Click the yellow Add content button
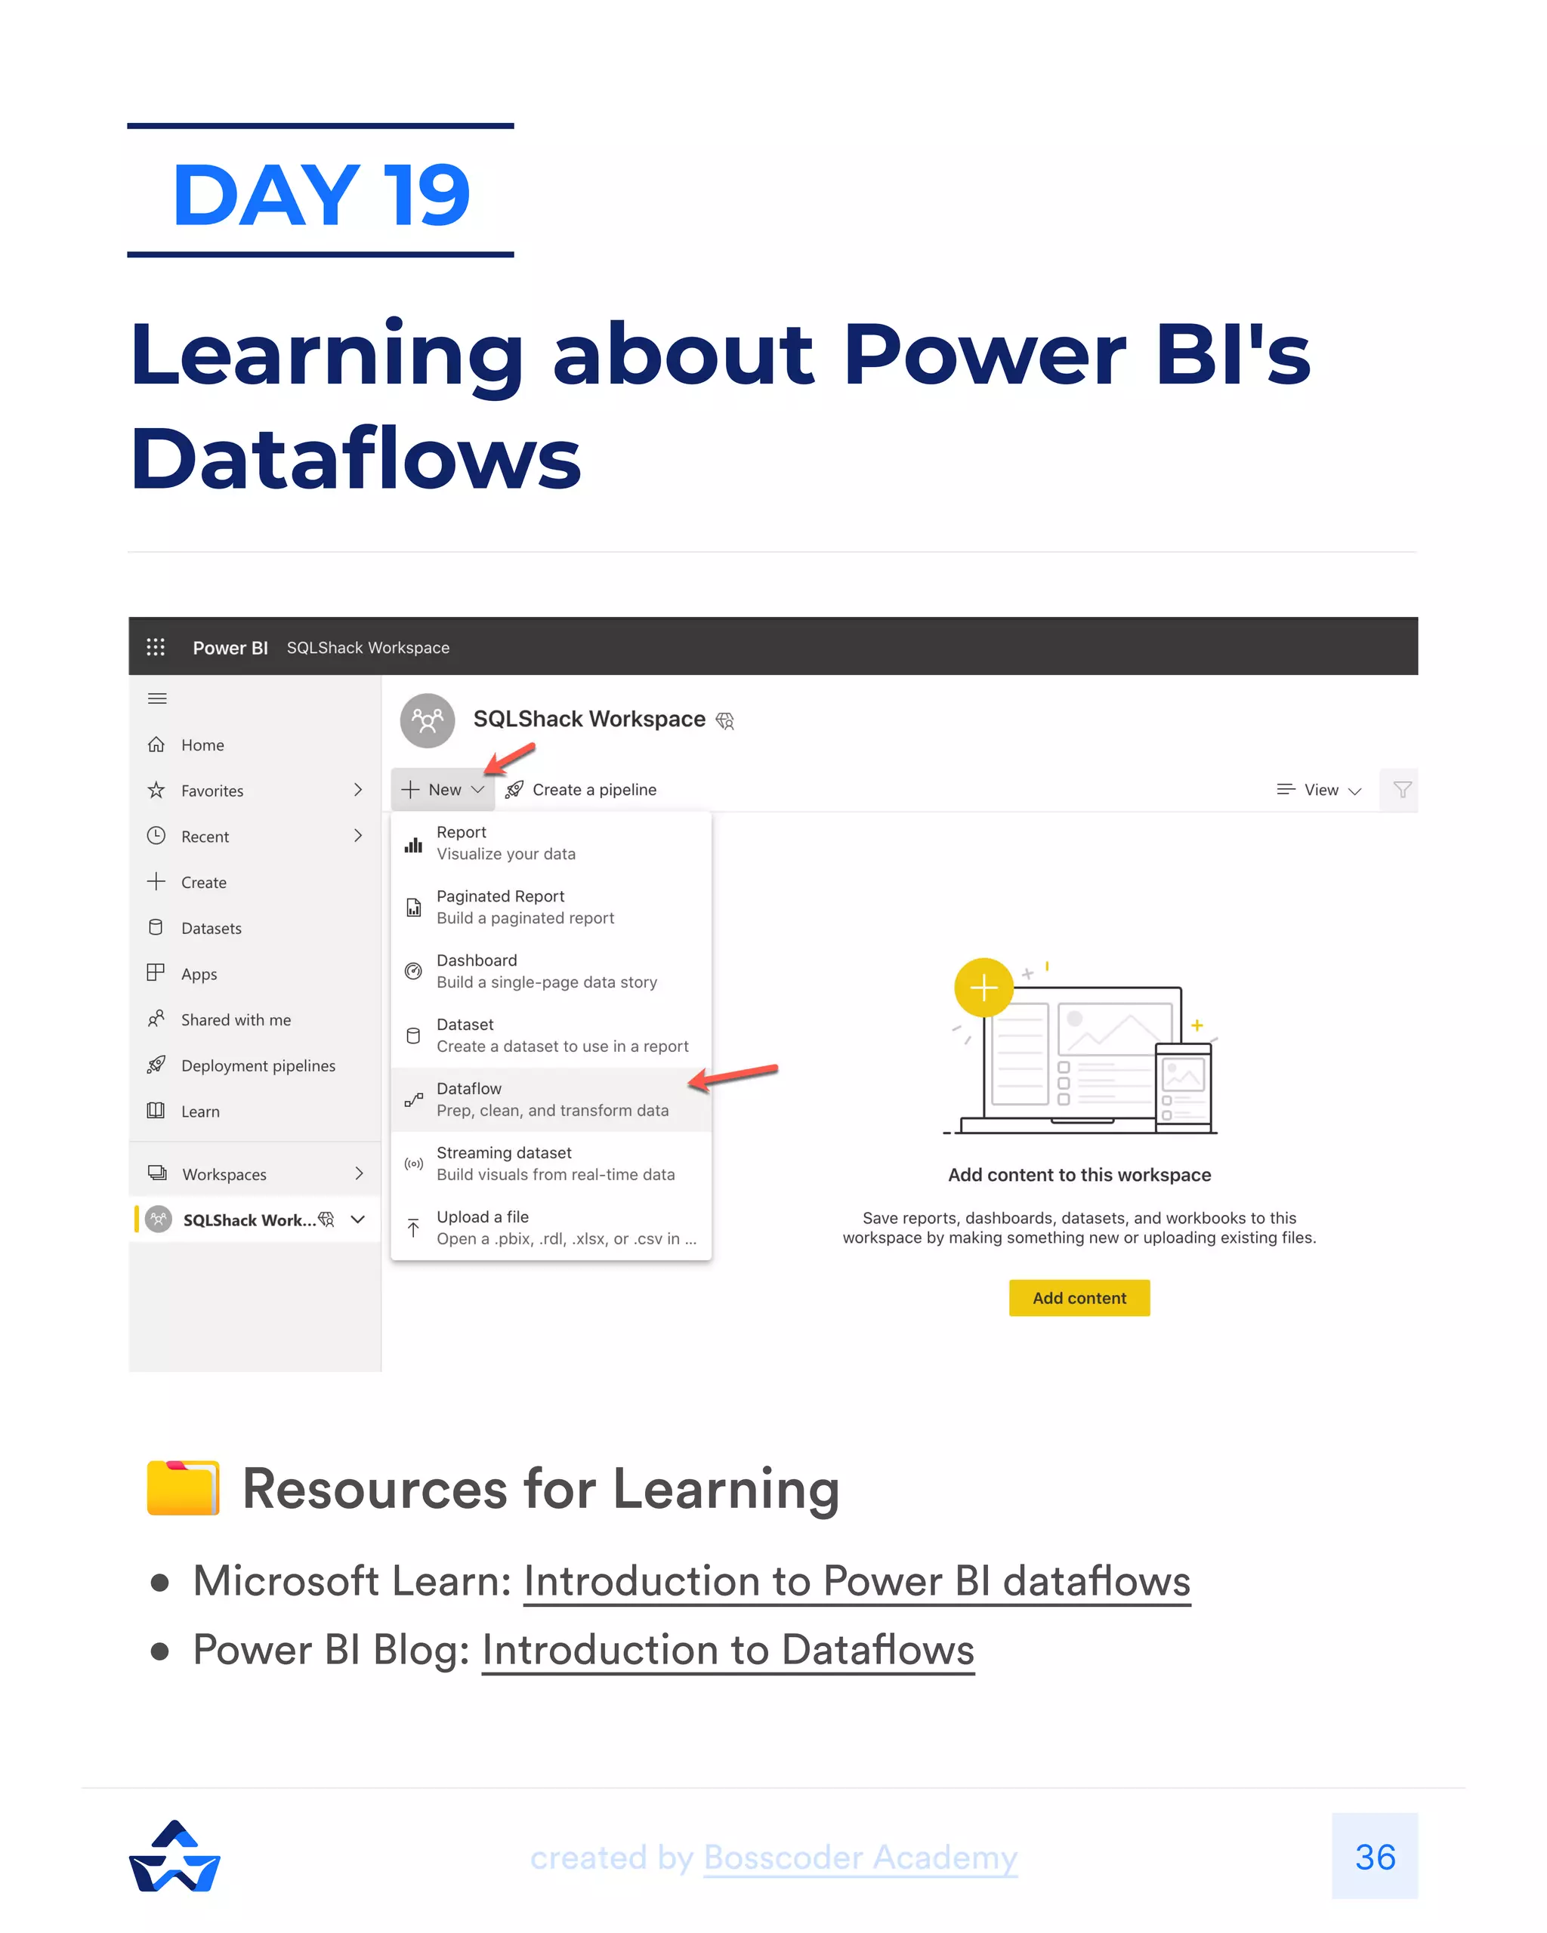(1079, 1297)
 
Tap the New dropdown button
(443, 790)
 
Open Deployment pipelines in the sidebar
(258, 1065)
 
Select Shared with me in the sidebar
(235, 1019)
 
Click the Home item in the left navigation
(202, 745)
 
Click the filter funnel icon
(1402, 790)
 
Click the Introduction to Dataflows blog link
(727, 1650)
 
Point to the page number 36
(1374, 1857)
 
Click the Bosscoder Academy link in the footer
(860, 1857)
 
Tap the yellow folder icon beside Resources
(183, 1488)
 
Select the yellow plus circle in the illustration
(983, 988)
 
